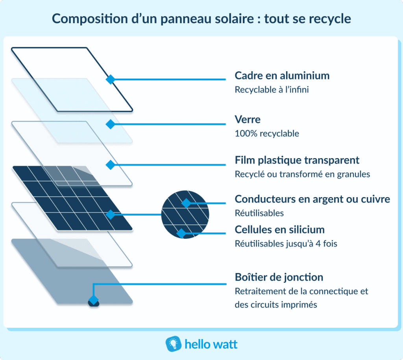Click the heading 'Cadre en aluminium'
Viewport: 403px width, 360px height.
point(282,76)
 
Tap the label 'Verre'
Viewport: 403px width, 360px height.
point(248,119)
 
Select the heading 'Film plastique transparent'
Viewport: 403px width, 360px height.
point(297,160)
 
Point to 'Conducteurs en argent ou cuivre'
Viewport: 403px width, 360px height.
point(312,199)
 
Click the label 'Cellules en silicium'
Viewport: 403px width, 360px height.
point(279,229)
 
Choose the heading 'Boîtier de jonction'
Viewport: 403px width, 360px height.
point(279,277)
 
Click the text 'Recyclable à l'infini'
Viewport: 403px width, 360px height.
point(272,90)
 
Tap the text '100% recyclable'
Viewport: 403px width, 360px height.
point(266,133)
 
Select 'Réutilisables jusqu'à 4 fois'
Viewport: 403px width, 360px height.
point(286,244)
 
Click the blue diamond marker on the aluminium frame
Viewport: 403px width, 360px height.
point(111,79)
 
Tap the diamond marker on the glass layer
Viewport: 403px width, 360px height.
point(111,124)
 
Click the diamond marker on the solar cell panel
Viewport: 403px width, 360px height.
point(111,214)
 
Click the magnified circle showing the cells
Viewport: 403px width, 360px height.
point(185,215)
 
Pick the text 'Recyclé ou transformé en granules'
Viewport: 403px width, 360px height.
point(302,174)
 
